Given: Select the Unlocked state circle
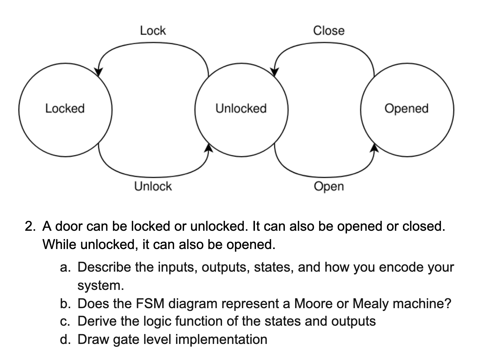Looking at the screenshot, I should pos(241,108).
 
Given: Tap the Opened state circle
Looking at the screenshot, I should pos(407,108).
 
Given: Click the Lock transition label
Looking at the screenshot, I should pos(153,31).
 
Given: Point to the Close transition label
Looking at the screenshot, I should pos(329,31).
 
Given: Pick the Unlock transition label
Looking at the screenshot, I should pos(153,186).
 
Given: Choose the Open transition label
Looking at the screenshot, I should pos(329,187).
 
